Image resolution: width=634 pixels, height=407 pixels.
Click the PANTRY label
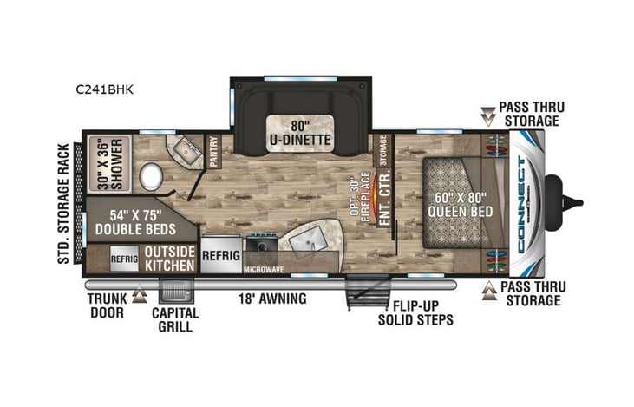tap(212, 148)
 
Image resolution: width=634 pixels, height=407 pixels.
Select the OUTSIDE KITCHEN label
tap(169, 258)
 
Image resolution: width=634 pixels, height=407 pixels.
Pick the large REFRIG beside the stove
tap(220, 256)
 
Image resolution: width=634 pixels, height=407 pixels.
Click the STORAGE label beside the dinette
tap(382, 149)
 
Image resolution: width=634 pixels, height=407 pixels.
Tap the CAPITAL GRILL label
tap(176, 319)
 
